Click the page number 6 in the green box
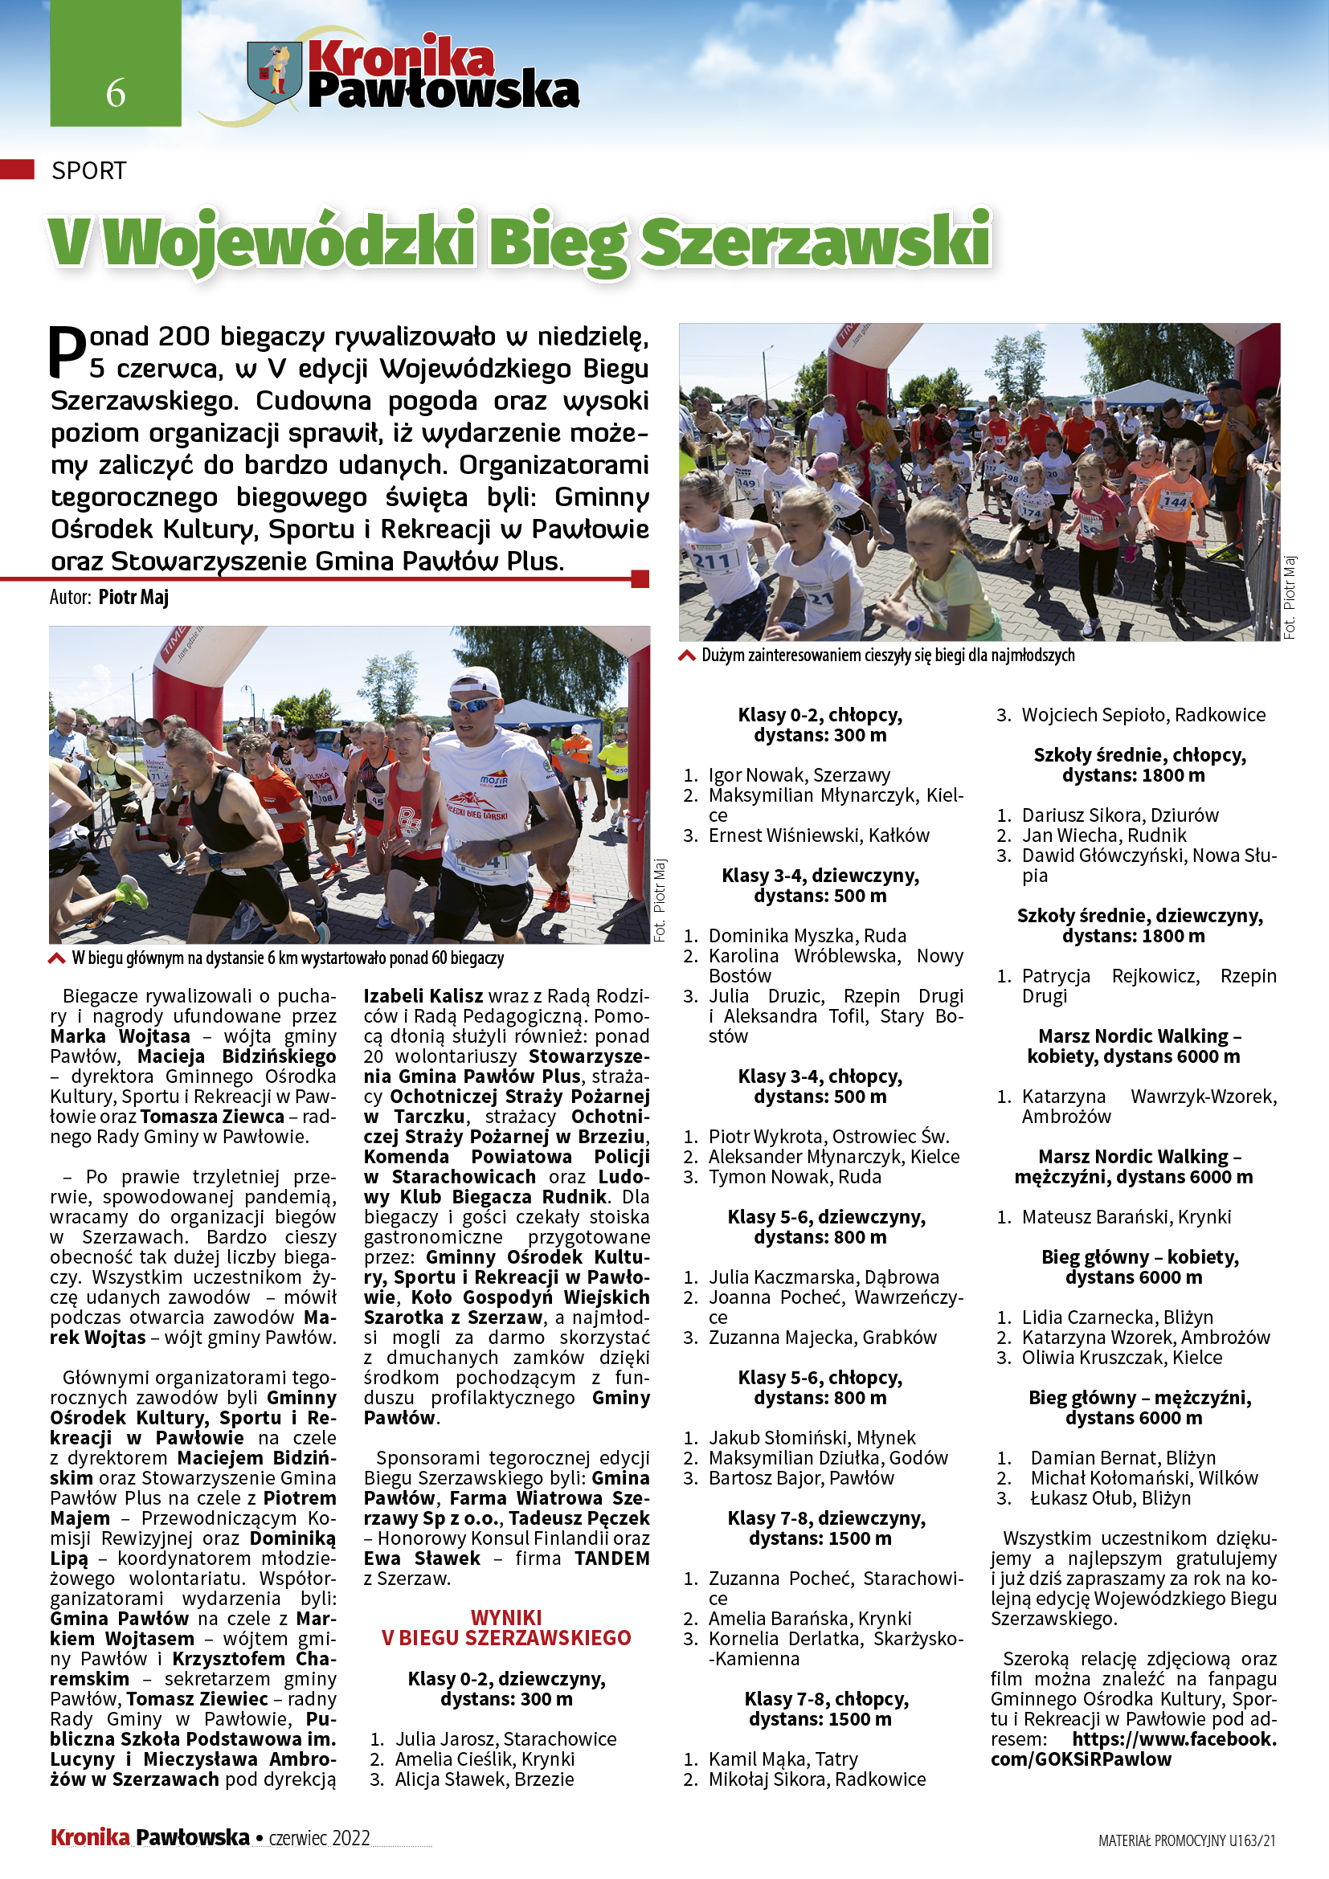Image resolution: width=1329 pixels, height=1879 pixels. click(x=116, y=92)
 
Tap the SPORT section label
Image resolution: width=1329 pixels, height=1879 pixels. click(x=88, y=170)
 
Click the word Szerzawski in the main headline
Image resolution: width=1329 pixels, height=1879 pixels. click(x=815, y=243)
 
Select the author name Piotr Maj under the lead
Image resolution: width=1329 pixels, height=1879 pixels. click(x=133, y=597)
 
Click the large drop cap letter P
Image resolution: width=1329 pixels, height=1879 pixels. click(x=68, y=352)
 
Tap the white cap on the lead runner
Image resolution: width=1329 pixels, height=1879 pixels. click(x=476, y=682)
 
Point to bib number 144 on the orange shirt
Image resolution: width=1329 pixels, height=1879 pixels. click(x=1176, y=500)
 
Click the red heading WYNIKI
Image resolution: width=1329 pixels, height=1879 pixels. click(x=505, y=1617)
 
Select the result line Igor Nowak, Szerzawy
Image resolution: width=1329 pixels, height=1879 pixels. click(x=799, y=774)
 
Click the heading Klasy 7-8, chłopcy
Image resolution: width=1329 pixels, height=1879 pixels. click(x=826, y=1698)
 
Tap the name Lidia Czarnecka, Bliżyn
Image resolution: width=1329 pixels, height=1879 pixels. click(x=1117, y=1317)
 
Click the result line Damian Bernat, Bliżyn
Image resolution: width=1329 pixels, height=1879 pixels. click(x=1122, y=1457)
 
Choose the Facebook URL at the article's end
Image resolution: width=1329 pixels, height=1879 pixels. click(x=1134, y=1749)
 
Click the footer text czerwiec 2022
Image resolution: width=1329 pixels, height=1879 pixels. click(x=319, y=1837)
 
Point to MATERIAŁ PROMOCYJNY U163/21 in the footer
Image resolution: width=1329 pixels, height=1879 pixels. click(x=1187, y=1840)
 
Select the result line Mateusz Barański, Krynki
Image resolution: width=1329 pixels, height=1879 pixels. click(x=1125, y=1216)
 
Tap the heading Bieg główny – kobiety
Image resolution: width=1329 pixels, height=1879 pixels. click(x=1139, y=1256)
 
